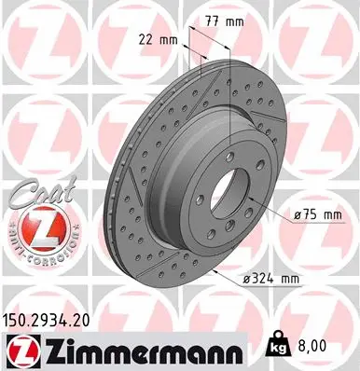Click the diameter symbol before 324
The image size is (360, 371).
pyautogui.click(x=248, y=277)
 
